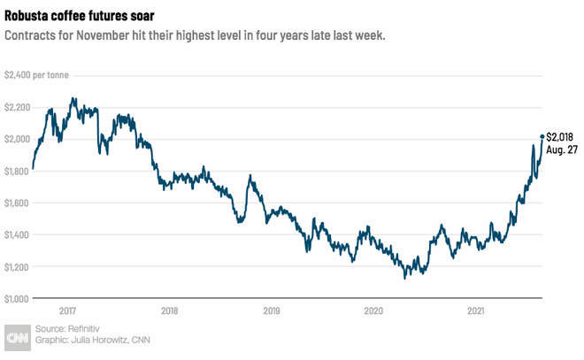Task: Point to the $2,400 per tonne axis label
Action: [x=41, y=75]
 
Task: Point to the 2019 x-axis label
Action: [x=272, y=310]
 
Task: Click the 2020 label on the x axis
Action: [x=373, y=310]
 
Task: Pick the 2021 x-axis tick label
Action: [x=475, y=310]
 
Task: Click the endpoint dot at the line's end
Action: [x=542, y=136]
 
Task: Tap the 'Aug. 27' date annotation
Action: [x=563, y=150]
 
